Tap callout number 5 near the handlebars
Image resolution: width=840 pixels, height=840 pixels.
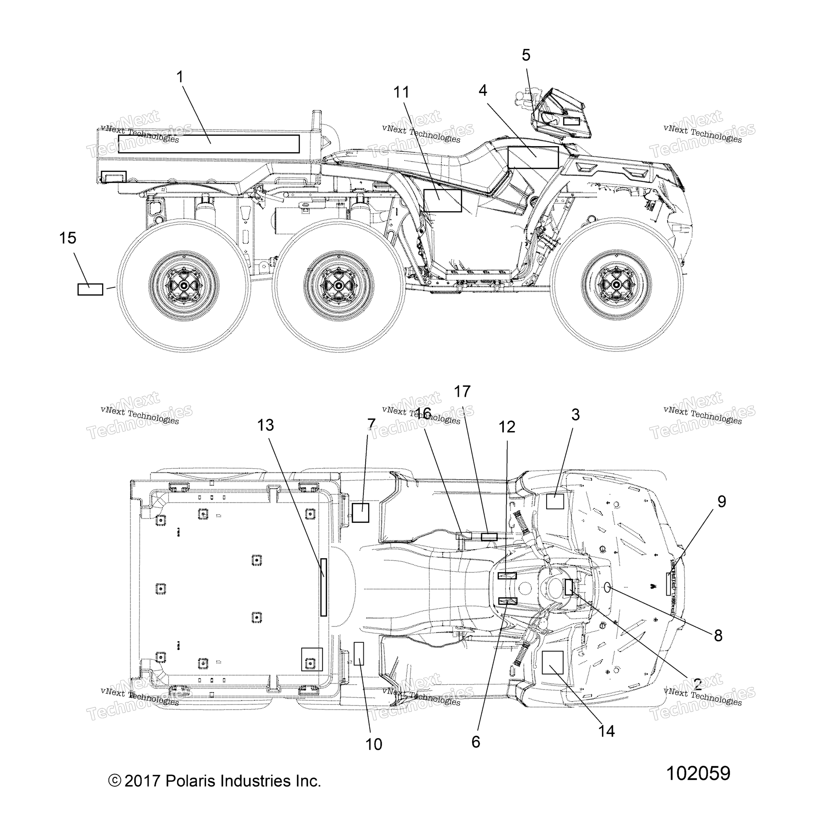coord(526,55)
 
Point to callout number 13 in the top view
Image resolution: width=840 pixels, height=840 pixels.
coord(265,425)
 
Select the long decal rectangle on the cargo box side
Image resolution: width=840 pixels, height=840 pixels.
coord(209,144)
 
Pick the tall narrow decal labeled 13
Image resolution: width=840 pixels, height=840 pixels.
coord(323,587)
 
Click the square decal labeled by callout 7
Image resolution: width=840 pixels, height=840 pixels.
coord(360,513)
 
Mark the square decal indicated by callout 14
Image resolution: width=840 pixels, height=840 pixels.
coord(553,662)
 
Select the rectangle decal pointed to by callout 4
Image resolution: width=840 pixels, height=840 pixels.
coord(533,157)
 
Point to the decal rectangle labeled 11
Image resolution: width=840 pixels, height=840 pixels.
coord(443,201)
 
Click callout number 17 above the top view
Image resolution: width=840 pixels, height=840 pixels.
coord(463,392)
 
